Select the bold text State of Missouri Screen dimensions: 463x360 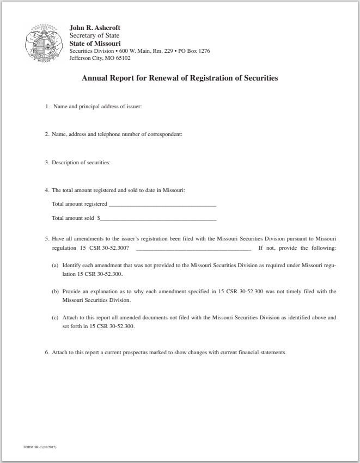coord(91,44)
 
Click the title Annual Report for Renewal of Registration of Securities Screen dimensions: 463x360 coord(180,78)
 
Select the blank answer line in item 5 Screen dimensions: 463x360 coord(193,248)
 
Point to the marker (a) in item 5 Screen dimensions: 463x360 coord(55,266)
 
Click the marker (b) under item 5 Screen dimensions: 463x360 coord(55,292)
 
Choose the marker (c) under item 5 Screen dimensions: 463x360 coord(55,318)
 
